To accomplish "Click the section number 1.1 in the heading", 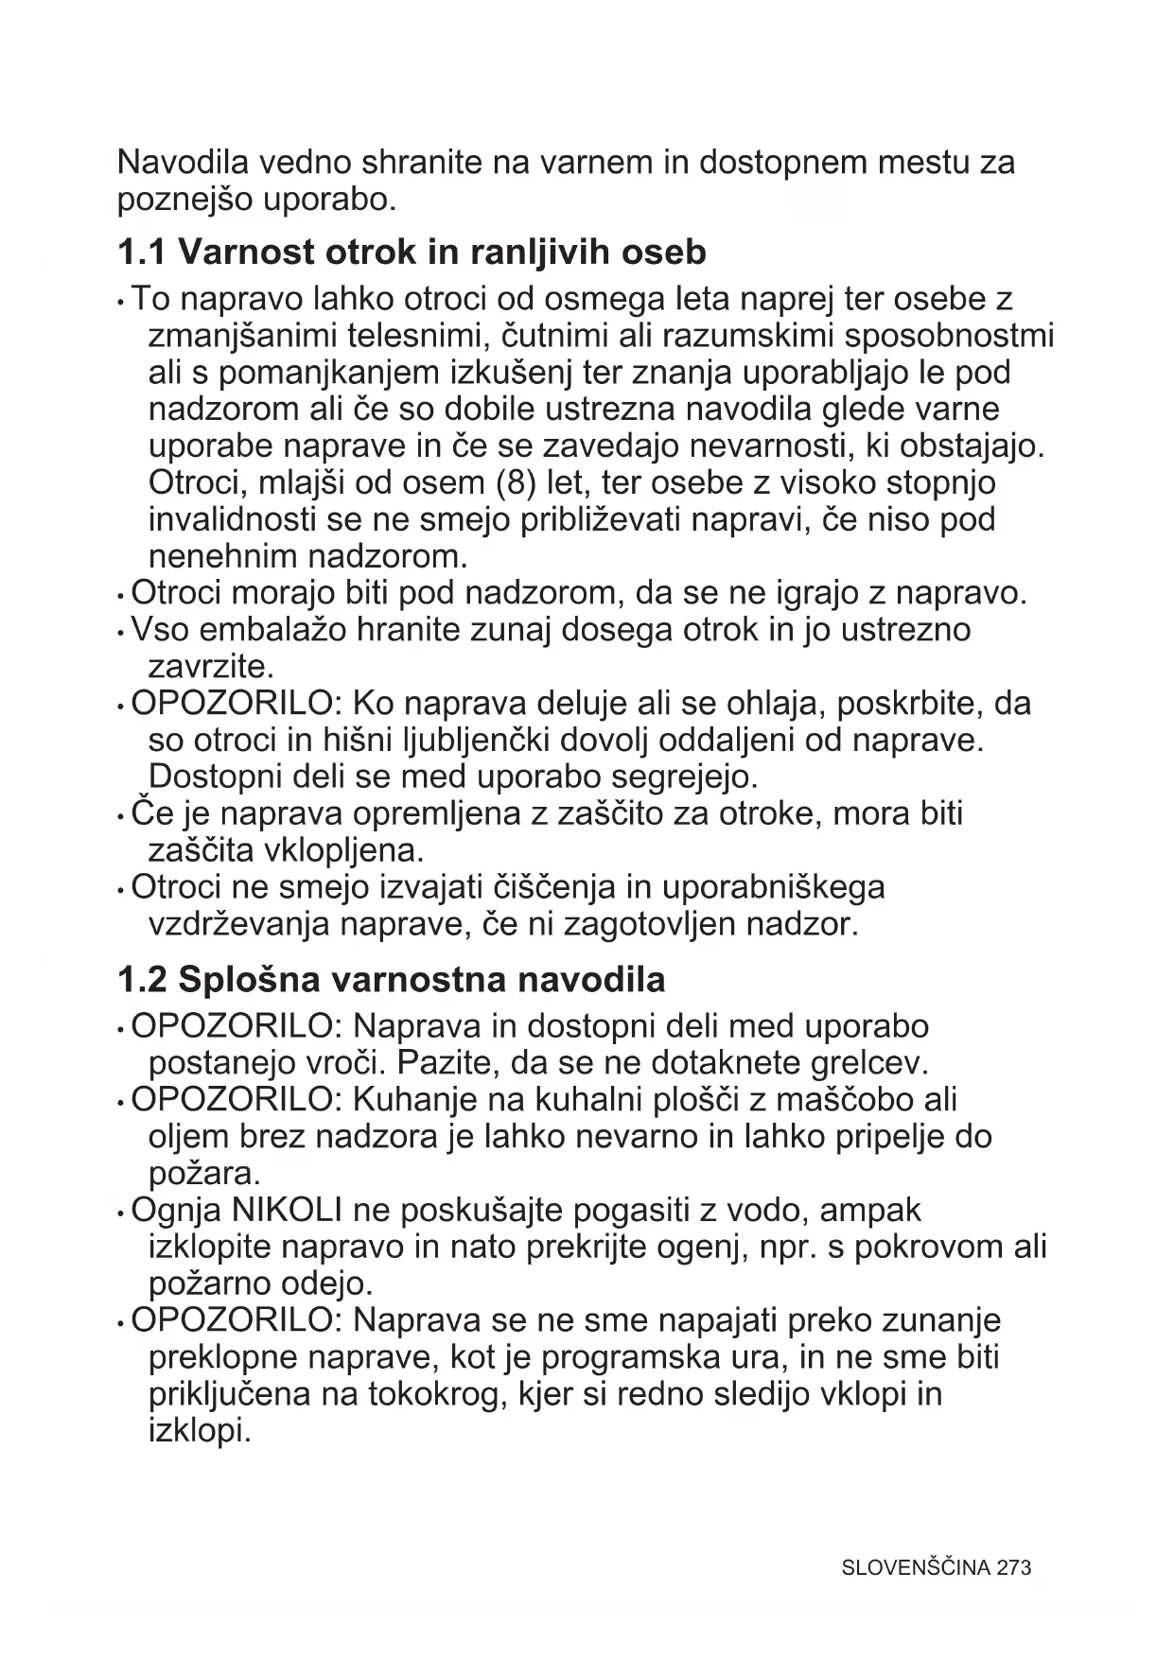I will tap(141, 253).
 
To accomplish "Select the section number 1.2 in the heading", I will tap(141, 979).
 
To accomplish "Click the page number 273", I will tap(1013, 1567).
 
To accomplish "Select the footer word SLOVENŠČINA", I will tap(916, 1567).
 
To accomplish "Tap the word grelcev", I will tap(869, 1063).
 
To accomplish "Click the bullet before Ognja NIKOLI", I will tap(121, 1213).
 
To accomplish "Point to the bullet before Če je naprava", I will tap(121, 815).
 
